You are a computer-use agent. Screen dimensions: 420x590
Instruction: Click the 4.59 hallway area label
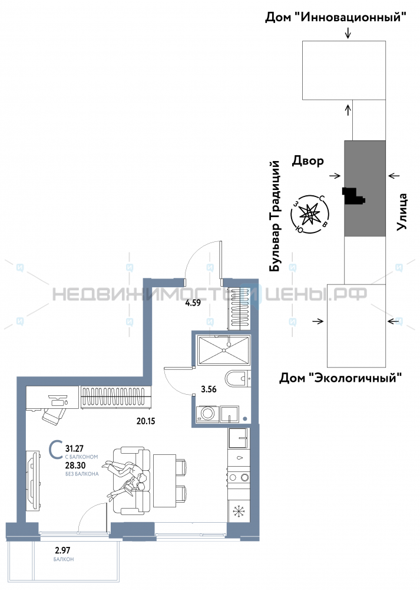193,303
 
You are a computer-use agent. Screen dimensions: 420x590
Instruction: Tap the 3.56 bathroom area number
209,389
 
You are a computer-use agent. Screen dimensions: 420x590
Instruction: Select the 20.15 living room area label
145,421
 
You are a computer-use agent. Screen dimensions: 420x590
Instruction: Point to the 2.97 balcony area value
63,551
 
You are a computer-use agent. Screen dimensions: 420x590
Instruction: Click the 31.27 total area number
74,448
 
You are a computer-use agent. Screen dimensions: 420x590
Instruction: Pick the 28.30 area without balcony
75,466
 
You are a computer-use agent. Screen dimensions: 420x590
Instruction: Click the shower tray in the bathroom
224,350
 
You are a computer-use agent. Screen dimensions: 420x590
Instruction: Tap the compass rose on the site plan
310,215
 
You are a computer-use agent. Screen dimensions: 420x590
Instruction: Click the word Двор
308,161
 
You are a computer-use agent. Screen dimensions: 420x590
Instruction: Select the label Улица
402,211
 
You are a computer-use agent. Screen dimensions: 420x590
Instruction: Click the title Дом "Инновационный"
336,17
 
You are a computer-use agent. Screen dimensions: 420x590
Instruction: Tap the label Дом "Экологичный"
340,378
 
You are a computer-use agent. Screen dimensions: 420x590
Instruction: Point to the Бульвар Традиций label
275,216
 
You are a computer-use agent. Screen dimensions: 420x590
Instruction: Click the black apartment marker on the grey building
353,196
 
